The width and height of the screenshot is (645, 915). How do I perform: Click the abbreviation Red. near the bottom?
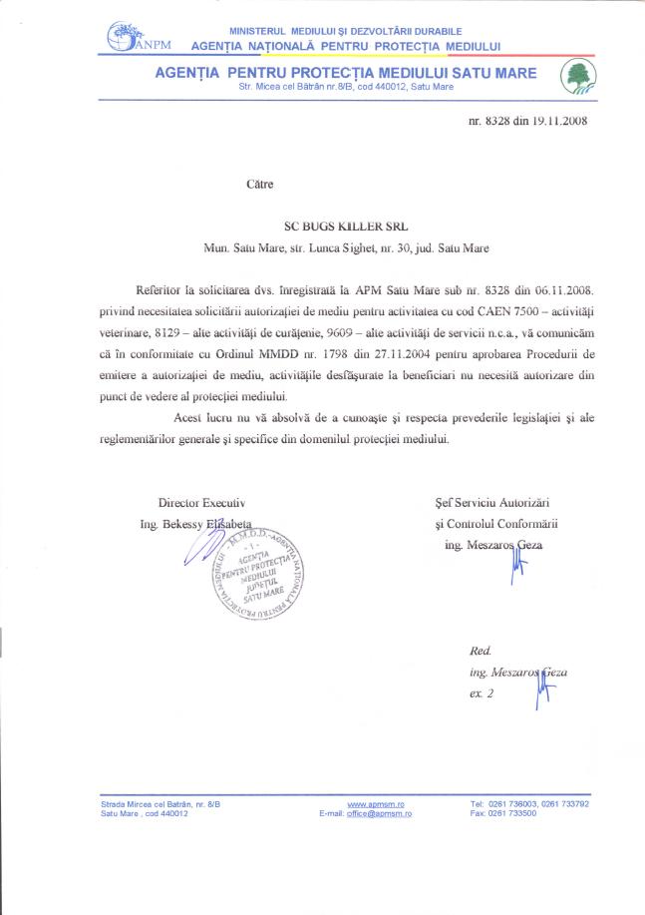coord(480,650)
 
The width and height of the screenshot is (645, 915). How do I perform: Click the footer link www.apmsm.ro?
coord(368,803)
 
